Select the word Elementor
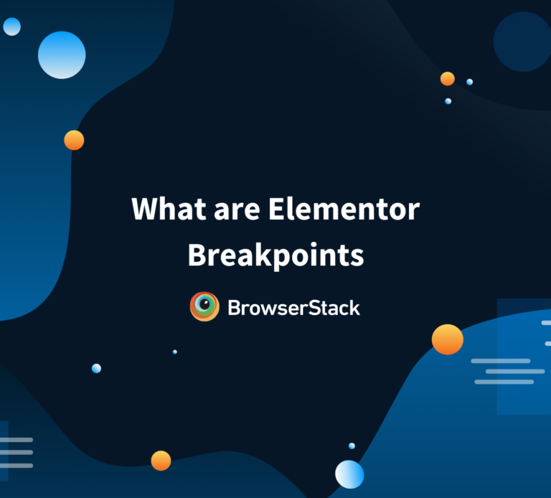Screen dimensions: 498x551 344,210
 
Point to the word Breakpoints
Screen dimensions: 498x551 275,255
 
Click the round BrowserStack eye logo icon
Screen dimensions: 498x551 204,307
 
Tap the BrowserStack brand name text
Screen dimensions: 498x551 293,308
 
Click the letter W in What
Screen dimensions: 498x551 146,210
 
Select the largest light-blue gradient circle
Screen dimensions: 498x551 62,55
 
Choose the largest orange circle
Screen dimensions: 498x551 447,339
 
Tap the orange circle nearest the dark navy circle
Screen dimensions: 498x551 448,79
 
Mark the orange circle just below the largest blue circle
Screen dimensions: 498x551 74,140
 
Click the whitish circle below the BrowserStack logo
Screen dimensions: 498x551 349,474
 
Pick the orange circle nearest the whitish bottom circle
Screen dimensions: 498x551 161,461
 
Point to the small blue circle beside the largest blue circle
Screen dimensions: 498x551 11,27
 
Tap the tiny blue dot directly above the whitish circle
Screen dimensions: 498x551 352,446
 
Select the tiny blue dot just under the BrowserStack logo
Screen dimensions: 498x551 174,352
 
